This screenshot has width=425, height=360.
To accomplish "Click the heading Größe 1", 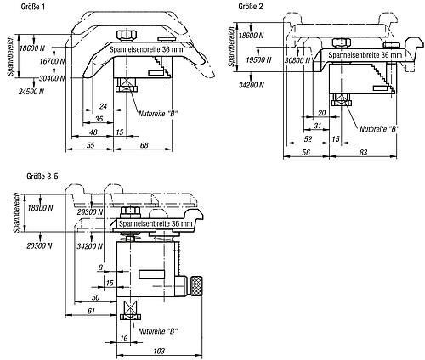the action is [x=33, y=7].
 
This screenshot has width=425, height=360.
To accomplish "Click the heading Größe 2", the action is [x=250, y=6].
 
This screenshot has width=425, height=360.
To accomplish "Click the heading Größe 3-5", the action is [x=42, y=177].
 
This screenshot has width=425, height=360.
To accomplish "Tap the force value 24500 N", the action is [x=31, y=92].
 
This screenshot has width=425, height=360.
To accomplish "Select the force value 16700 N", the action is [x=52, y=61].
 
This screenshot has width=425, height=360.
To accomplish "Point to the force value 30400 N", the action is [x=52, y=78].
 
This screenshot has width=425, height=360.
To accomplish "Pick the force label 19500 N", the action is [x=258, y=60].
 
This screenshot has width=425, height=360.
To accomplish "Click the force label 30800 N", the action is [x=297, y=60].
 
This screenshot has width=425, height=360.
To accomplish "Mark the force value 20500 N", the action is [x=39, y=245].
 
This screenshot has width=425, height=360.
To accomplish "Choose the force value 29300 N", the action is [x=90, y=211].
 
